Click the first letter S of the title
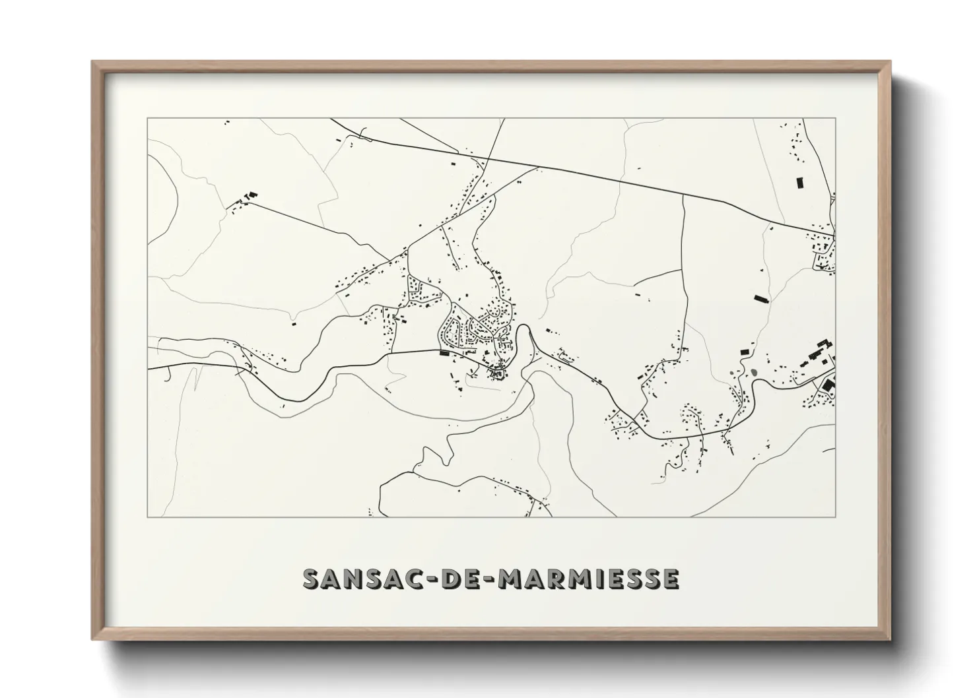click(x=312, y=579)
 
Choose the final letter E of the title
click(x=670, y=579)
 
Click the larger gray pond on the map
click(x=753, y=371)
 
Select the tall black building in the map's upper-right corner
click(x=799, y=183)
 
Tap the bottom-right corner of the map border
click(x=835, y=517)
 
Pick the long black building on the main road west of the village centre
click(x=444, y=354)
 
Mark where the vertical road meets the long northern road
click(x=683, y=195)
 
